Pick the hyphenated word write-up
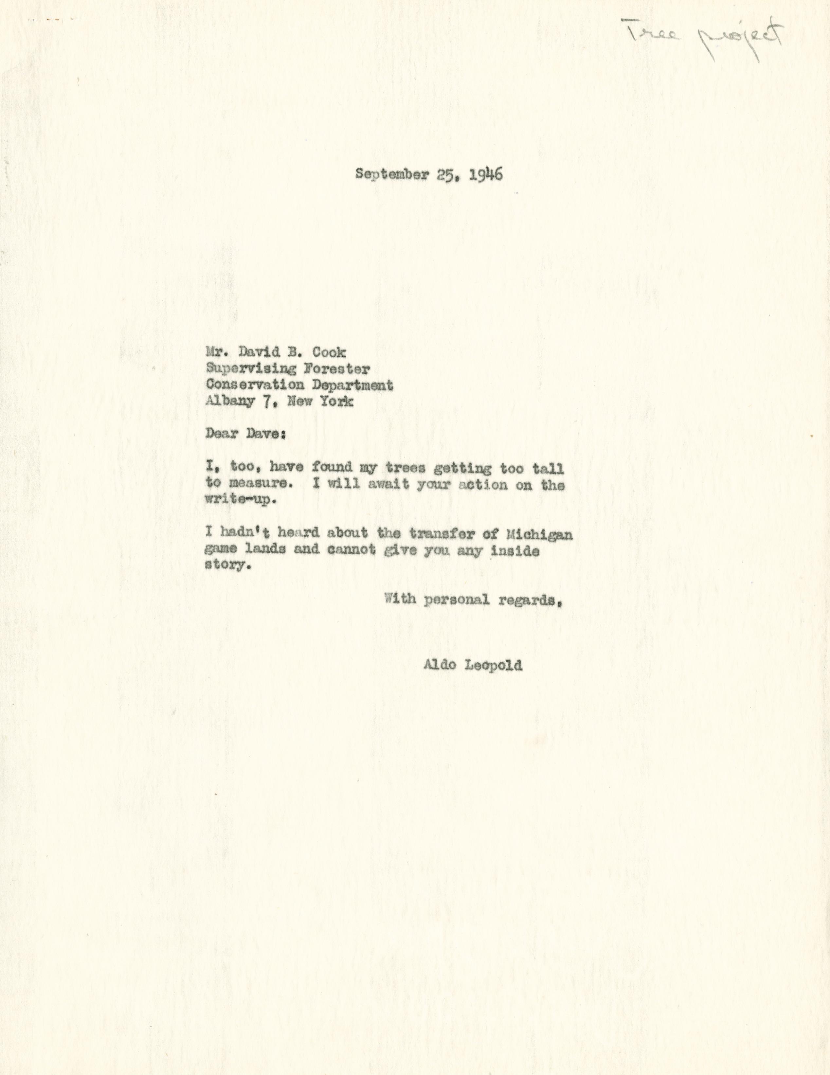(238, 500)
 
